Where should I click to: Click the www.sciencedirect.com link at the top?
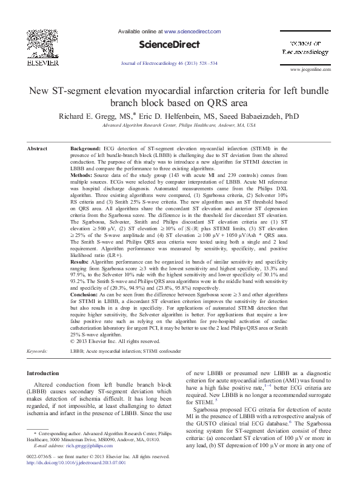point(193,30)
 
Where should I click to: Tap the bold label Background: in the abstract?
point(85,148)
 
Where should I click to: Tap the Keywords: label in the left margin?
point(39,350)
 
